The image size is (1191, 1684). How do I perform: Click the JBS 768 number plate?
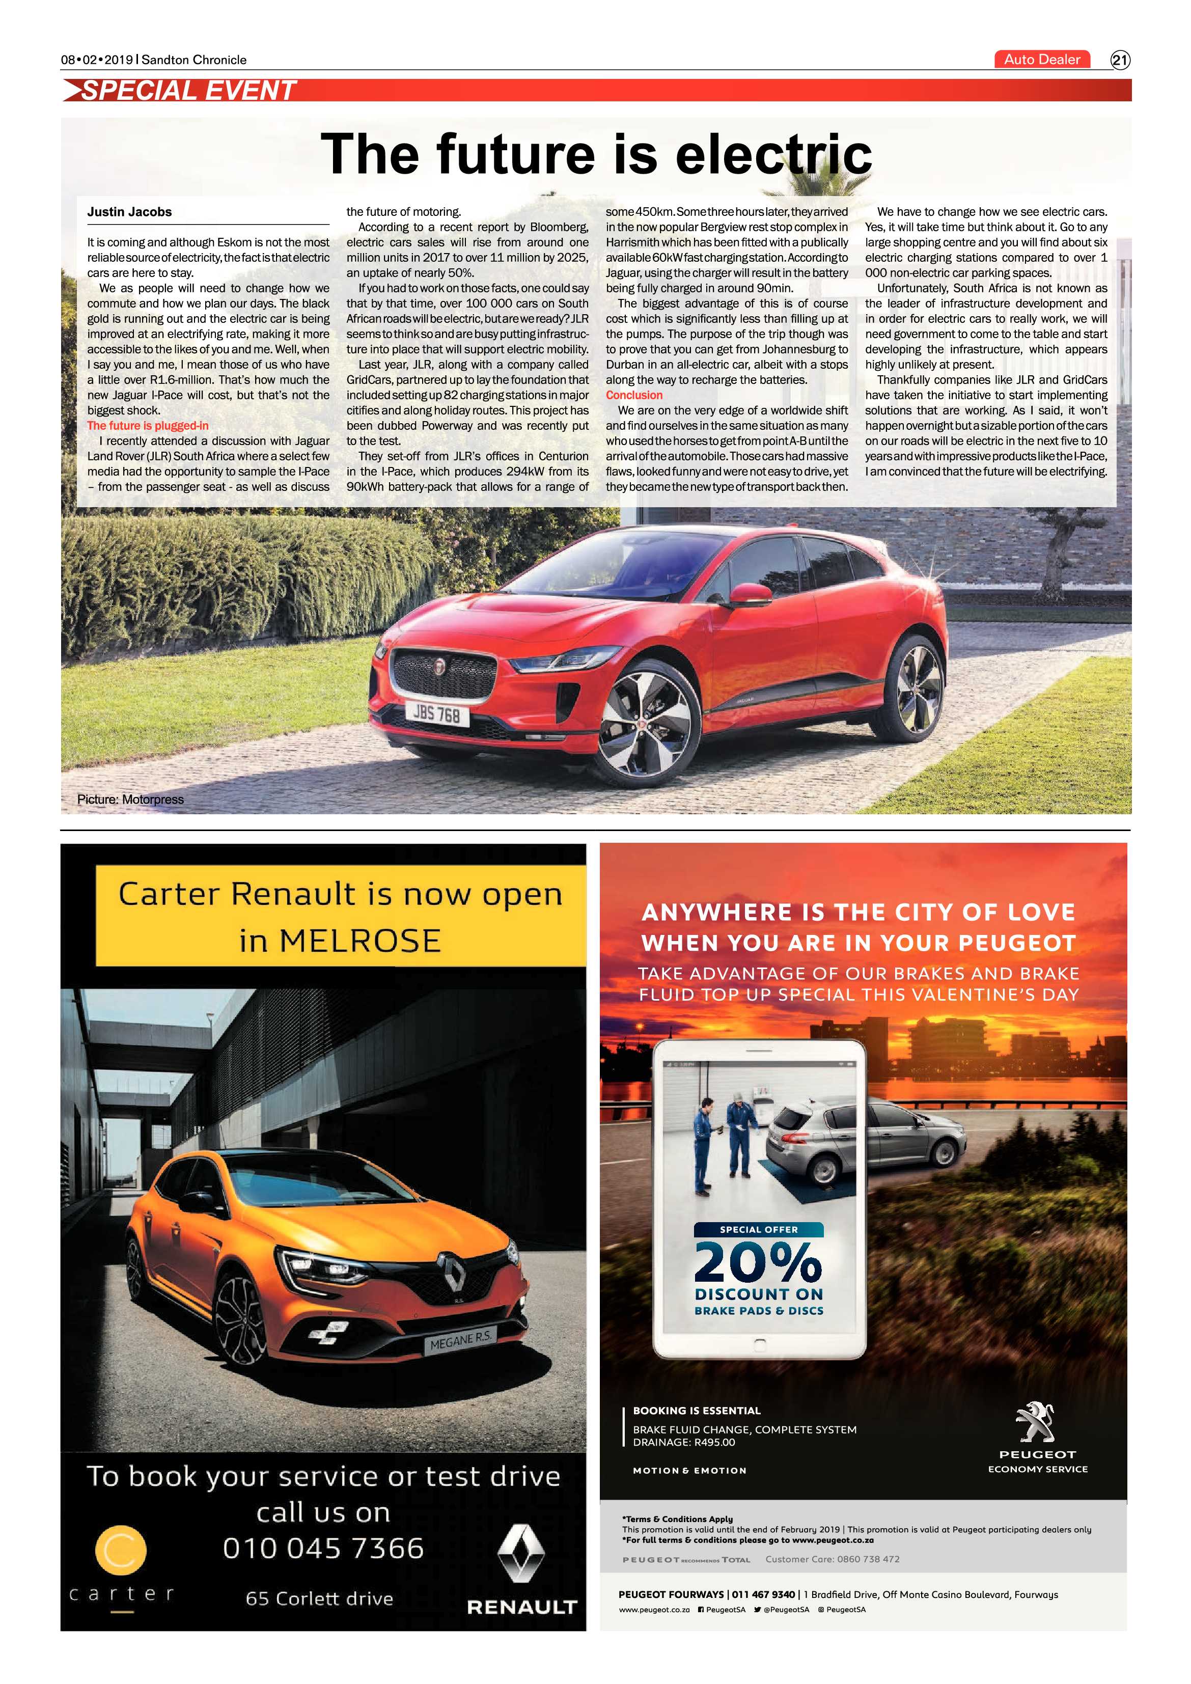436,713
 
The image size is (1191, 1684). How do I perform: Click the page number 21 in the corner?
1120,60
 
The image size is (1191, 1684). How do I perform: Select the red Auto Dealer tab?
1041,60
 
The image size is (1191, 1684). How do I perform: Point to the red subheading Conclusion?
633,395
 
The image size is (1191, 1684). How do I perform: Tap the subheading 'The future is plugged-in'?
147,425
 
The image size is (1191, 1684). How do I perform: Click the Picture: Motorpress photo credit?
130,799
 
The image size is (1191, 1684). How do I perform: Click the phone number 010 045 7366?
323,1549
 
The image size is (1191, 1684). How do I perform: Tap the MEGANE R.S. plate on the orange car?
460,1341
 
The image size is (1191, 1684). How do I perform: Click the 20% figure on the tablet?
758,1263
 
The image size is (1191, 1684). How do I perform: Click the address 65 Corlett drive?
319,1599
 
